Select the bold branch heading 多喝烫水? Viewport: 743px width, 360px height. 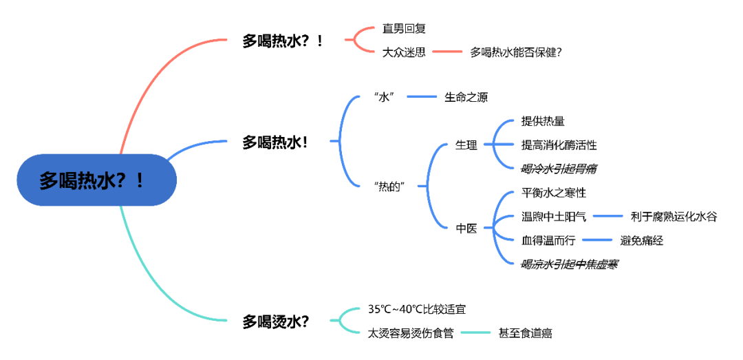point(275,321)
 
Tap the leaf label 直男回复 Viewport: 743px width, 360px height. point(404,29)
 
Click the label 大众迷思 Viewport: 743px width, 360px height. point(404,52)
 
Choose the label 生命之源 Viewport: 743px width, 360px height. point(466,97)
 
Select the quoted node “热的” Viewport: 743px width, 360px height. point(390,186)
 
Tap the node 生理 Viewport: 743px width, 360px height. point(466,145)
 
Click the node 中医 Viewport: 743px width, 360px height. point(466,229)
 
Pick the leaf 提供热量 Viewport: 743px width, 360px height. point(543,122)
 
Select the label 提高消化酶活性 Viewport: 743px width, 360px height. point(559,145)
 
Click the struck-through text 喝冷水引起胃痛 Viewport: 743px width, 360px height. point(559,169)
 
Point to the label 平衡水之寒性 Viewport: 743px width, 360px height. point(554,193)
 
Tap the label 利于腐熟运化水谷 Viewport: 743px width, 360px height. point(674,217)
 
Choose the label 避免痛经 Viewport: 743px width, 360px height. point(641,240)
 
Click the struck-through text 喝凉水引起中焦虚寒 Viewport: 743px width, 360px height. point(569,264)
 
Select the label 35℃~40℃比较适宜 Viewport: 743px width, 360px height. point(421,310)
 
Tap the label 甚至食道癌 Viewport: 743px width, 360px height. point(525,333)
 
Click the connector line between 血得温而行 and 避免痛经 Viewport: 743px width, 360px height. point(596,240)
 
